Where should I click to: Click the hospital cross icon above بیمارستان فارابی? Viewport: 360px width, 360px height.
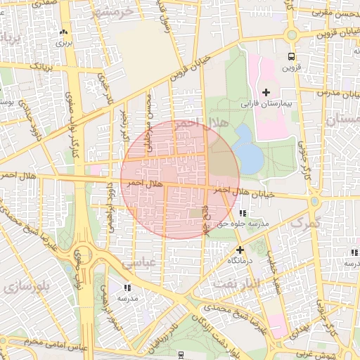[266, 92]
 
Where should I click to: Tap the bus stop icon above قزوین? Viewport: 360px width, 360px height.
[291, 57]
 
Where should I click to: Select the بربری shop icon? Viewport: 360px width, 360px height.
[65, 32]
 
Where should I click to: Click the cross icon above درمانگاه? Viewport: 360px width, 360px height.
[240, 250]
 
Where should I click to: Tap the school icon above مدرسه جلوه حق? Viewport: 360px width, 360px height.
[243, 213]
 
